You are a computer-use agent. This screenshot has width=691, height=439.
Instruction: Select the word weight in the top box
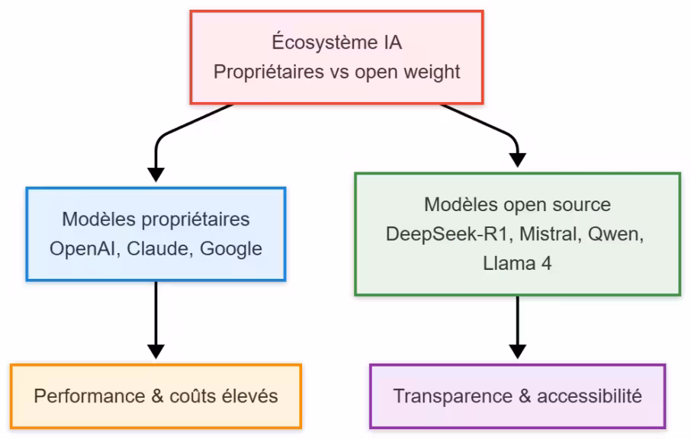432,72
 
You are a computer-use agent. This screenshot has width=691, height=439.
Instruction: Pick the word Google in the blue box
230,248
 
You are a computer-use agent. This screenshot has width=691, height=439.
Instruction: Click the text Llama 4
517,264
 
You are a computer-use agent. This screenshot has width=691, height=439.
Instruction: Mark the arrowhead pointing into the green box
517,159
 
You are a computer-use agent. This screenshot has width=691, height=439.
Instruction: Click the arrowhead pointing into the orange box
156,351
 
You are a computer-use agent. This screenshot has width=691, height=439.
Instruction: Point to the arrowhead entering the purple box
517,351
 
